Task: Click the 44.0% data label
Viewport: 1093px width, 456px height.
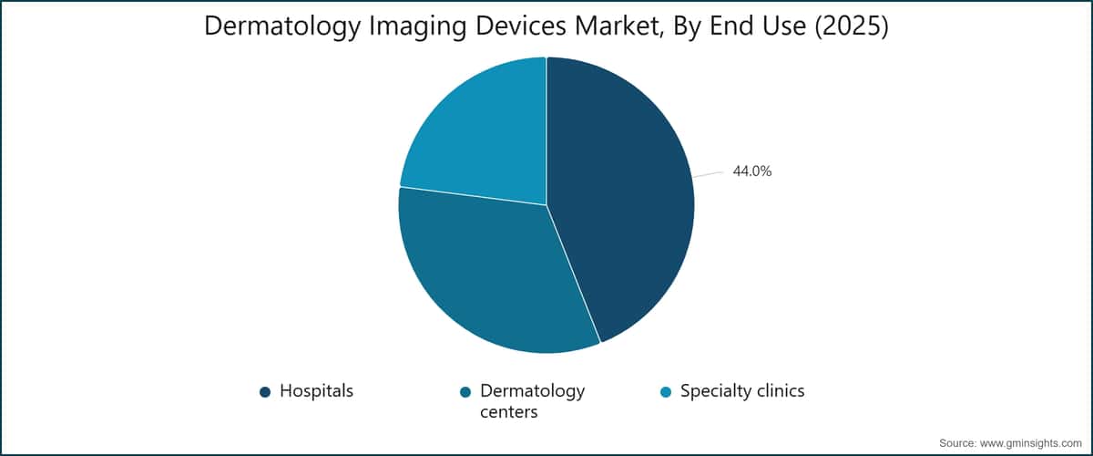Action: click(752, 171)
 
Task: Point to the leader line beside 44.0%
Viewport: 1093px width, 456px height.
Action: click(709, 174)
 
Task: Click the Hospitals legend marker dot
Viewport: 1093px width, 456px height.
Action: click(265, 392)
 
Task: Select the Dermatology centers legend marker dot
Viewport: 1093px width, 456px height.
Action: click(465, 392)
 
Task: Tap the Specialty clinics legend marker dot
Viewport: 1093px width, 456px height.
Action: click(666, 392)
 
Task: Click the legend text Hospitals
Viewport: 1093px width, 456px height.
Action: click(316, 391)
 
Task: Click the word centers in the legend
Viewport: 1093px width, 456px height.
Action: click(508, 412)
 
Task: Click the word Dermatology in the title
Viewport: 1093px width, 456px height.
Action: click(282, 26)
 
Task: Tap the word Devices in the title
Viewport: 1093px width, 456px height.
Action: click(521, 26)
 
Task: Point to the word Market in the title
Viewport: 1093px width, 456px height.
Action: click(619, 26)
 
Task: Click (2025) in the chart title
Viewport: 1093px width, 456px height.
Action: click(852, 26)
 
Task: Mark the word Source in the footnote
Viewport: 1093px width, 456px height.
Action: click(957, 443)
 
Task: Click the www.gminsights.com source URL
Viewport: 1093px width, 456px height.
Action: click(1030, 443)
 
